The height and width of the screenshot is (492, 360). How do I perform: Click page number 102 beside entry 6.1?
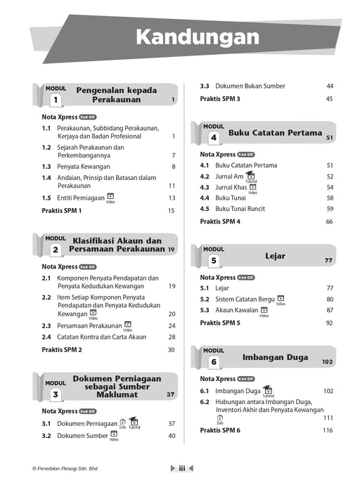click(328, 391)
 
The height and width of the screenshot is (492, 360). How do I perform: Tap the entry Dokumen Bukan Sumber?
click(250, 86)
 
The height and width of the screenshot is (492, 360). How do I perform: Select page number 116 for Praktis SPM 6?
click(328, 430)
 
